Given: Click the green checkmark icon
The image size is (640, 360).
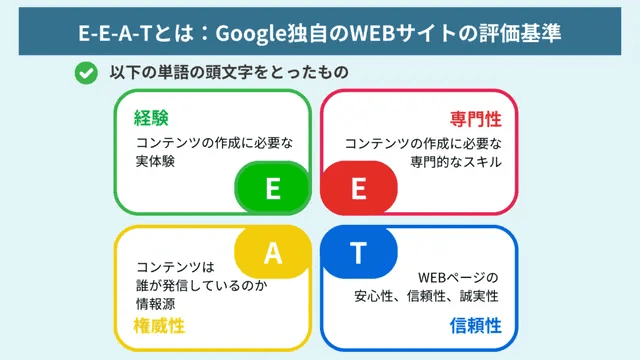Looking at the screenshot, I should pyautogui.click(x=87, y=73).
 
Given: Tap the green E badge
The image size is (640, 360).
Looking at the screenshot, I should pyautogui.click(x=272, y=190).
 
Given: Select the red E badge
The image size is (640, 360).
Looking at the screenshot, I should pyautogui.click(x=358, y=190).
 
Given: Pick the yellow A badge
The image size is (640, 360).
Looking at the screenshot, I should pyautogui.click(x=272, y=253).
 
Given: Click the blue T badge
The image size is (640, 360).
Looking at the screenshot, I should pyautogui.click(x=358, y=253).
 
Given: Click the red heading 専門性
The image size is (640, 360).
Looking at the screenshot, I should pyautogui.click(x=476, y=119).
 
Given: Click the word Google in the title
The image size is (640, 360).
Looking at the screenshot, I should pyautogui.click(x=257, y=32).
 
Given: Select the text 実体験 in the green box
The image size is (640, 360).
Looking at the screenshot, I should pyautogui.click(x=156, y=161).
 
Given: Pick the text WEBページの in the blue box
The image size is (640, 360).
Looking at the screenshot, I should pyautogui.click(x=457, y=277).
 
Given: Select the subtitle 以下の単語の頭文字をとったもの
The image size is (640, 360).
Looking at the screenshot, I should pyautogui.click(x=229, y=73).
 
